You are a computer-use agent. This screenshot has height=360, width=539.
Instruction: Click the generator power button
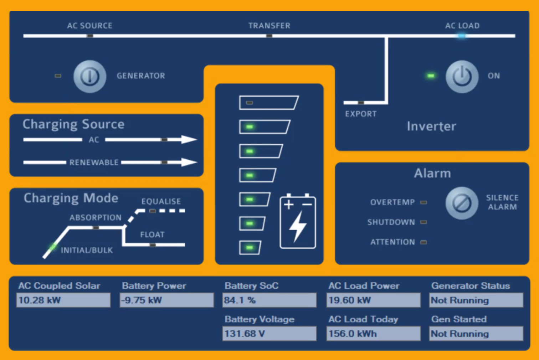(89, 76)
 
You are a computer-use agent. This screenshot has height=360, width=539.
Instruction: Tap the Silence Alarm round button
(462, 203)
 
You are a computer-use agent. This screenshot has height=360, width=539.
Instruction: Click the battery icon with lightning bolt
(298, 221)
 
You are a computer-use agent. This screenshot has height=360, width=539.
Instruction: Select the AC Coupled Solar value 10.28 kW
(63, 300)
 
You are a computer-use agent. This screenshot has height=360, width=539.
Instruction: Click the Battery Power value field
(166, 300)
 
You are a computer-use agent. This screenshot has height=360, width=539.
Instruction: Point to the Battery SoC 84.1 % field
(269, 300)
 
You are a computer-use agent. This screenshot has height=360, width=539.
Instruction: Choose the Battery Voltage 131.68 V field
(269, 334)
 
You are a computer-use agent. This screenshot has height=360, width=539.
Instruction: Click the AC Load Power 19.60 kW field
(373, 300)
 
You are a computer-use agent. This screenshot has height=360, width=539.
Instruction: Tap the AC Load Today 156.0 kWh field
(373, 334)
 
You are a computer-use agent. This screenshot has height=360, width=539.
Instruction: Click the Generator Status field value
(476, 300)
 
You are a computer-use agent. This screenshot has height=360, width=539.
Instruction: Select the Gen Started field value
(476, 334)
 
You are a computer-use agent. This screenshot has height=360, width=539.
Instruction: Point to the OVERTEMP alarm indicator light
(423, 202)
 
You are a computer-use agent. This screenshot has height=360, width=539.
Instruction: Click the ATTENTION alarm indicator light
(423, 242)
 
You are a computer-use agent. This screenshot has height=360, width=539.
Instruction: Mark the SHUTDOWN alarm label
(391, 222)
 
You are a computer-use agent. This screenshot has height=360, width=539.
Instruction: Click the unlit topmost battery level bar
(268, 103)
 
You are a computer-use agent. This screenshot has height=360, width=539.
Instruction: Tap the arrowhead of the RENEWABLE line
(189, 163)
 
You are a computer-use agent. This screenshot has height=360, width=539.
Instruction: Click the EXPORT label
(360, 114)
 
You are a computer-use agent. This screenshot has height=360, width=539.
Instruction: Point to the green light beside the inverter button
(431, 76)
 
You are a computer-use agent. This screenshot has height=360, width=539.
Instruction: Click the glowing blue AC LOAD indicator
(461, 36)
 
